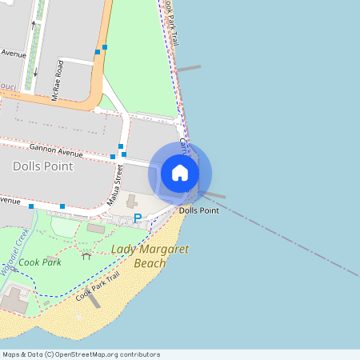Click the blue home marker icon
click(x=180, y=173)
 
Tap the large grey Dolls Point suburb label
click(x=43, y=166)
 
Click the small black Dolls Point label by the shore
click(x=199, y=210)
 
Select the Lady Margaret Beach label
click(x=150, y=256)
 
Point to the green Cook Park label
click(x=40, y=262)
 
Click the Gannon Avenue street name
click(x=56, y=150)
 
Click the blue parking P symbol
click(x=137, y=218)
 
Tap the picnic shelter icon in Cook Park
click(x=86, y=255)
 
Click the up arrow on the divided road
click(x=33, y=26)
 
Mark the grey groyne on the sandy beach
click(x=93, y=299)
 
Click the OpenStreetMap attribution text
click(x=81, y=354)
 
